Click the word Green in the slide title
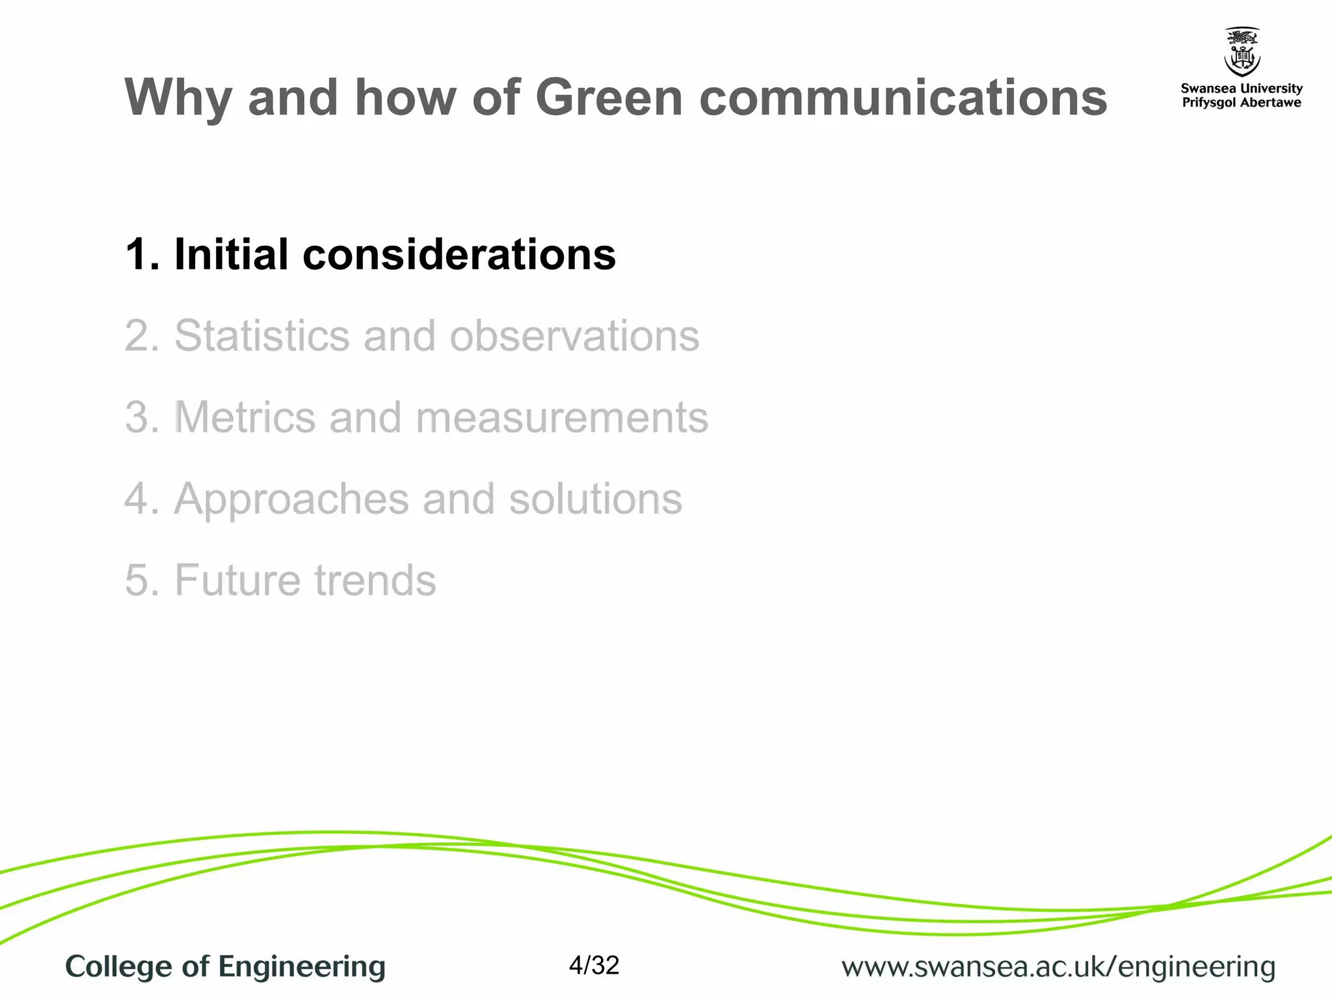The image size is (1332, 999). point(608,98)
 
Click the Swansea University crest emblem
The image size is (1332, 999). point(1242,52)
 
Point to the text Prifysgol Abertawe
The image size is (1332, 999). point(1241,103)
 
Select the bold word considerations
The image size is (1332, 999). point(459,254)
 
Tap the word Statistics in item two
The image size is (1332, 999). point(261,336)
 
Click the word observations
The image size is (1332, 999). point(574,336)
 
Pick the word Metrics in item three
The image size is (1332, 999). point(245,418)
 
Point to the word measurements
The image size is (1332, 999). point(561,418)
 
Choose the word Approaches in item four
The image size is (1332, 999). point(291,499)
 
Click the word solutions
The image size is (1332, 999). point(595,499)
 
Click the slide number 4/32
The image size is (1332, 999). point(594,965)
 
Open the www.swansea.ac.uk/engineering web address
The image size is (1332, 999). point(1058,967)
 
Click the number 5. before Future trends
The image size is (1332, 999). point(142,580)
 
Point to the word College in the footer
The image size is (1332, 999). point(119,967)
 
